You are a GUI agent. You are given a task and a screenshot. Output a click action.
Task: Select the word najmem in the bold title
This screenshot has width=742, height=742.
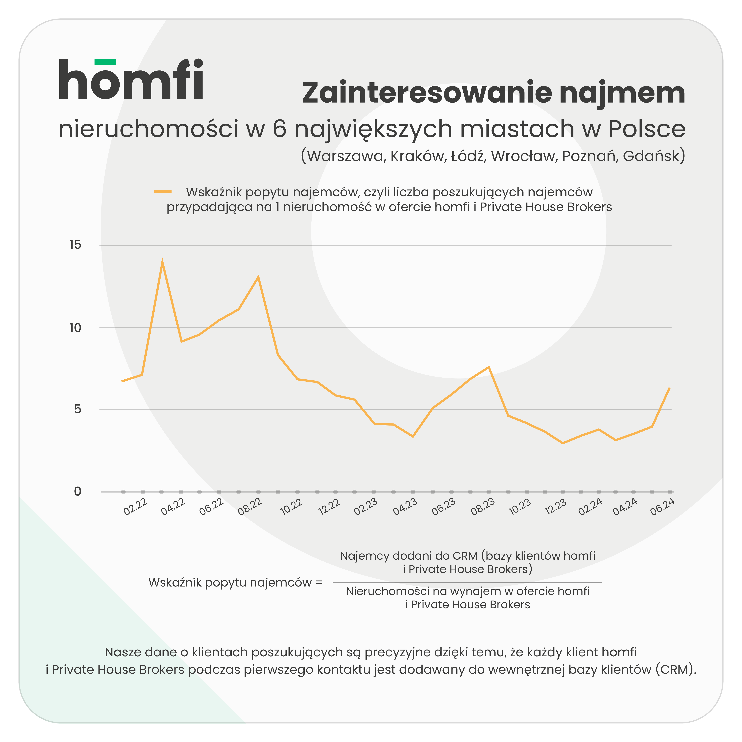point(622,94)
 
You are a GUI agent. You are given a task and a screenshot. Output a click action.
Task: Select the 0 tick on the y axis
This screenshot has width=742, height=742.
point(78,491)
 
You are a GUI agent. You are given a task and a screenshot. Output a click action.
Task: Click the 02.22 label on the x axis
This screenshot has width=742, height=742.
point(135,507)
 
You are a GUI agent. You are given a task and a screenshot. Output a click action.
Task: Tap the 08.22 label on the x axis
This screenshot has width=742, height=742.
point(250,507)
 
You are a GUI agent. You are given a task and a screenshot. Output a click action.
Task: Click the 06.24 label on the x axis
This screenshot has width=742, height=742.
point(662,507)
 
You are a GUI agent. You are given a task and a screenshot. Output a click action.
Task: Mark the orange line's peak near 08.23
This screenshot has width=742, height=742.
point(489,367)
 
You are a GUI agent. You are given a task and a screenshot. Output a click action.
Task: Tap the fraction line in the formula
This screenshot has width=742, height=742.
point(467,582)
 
